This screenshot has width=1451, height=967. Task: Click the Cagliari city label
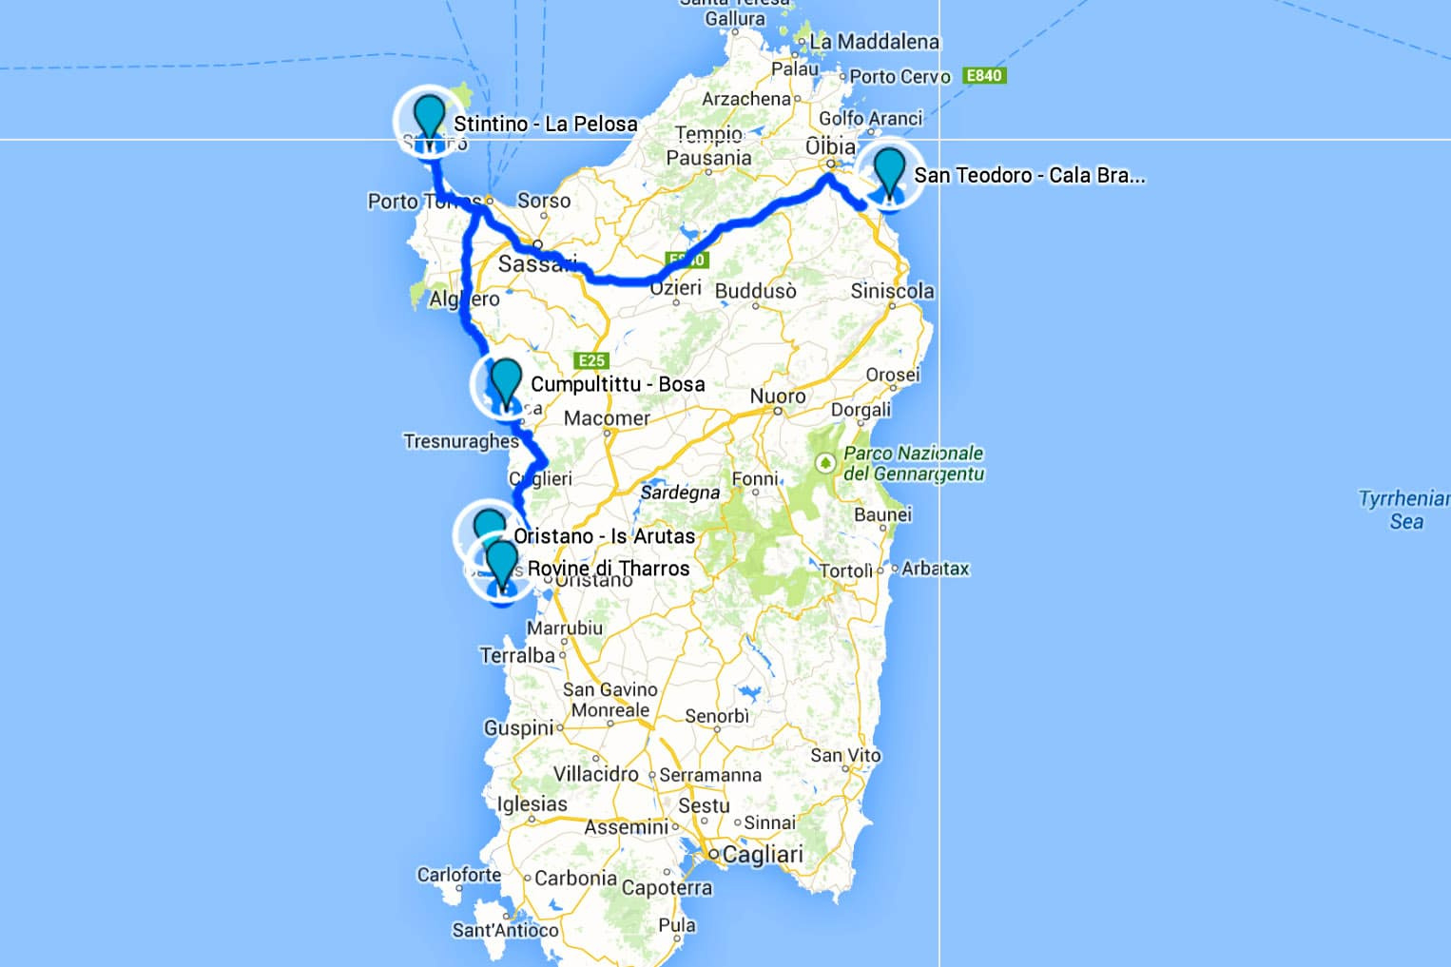click(763, 855)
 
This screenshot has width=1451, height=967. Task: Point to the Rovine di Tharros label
click(609, 569)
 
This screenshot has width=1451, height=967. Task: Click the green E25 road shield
click(591, 360)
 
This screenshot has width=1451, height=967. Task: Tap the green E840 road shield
click(983, 75)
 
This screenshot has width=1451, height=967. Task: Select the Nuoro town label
click(778, 396)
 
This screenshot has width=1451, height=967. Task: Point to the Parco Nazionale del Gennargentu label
click(913, 463)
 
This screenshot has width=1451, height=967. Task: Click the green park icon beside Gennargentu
click(824, 463)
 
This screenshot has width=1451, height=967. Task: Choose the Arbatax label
click(935, 569)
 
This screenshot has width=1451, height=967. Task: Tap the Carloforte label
click(459, 875)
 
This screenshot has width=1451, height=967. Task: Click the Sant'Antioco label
click(505, 930)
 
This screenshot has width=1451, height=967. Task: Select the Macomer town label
click(607, 418)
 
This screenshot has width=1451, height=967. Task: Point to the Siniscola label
click(892, 291)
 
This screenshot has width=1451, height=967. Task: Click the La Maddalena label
click(874, 42)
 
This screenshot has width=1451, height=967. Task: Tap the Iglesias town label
click(532, 804)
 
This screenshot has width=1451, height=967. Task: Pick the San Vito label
click(845, 755)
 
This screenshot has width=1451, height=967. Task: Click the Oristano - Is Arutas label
click(605, 536)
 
